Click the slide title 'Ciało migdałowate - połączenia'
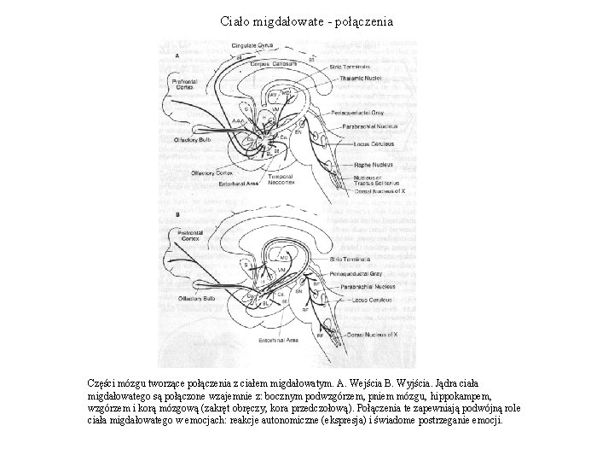pyautogui.click(x=306, y=20)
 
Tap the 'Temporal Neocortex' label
pyautogui.click(x=283, y=179)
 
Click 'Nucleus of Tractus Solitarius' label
pyautogui.click(x=375, y=180)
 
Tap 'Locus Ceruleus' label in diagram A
pyautogui.click(x=370, y=143)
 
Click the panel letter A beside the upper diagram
pyautogui.click(x=177, y=55)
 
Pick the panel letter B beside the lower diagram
pyautogui.click(x=177, y=214)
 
